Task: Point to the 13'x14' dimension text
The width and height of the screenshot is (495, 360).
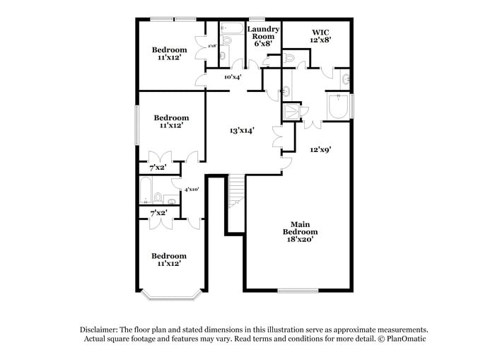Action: pos(241,130)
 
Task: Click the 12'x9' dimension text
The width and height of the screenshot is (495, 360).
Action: pos(320,149)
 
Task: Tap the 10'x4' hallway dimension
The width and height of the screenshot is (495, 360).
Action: pos(233,77)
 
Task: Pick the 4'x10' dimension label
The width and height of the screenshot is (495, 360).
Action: pos(192,190)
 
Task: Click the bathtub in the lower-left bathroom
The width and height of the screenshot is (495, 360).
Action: pos(146,189)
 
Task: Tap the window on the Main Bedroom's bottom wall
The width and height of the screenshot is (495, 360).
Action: pos(297,290)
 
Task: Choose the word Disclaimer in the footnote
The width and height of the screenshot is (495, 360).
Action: pos(99,330)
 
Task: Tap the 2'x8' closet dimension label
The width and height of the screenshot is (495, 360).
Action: pos(211,47)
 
